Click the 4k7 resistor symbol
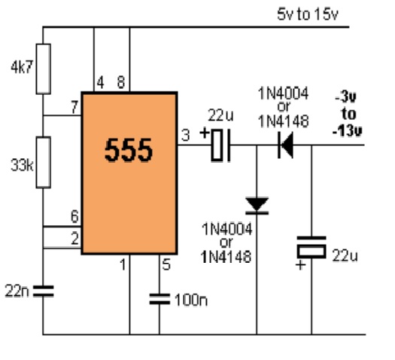click(x=44, y=69)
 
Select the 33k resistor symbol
click(x=44, y=163)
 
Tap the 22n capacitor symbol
click(x=44, y=291)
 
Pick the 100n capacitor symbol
click(x=160, y=299)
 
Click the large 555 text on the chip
click(x=129, y=151)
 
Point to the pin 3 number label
click(x=185, y=136)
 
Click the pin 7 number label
click(x=74, y=107)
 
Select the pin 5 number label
click(x=166, y=264)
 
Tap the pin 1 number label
click(x=123, y=264)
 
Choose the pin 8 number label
click(x=121, y=82)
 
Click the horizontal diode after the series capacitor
click(x=286, y=145)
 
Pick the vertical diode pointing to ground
click(x=257, y=206)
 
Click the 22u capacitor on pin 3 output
click(x=220, y=145)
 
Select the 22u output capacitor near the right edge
click(x=311, y=247)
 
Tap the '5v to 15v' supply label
click(x=307, y=14)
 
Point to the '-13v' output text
click(x=348, y=131)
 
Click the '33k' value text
click(x=22, y=166)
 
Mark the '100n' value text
click(x=191, y=300)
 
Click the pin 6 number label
click(x=74, y=217)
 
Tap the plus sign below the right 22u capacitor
click(x=300, y=265)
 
